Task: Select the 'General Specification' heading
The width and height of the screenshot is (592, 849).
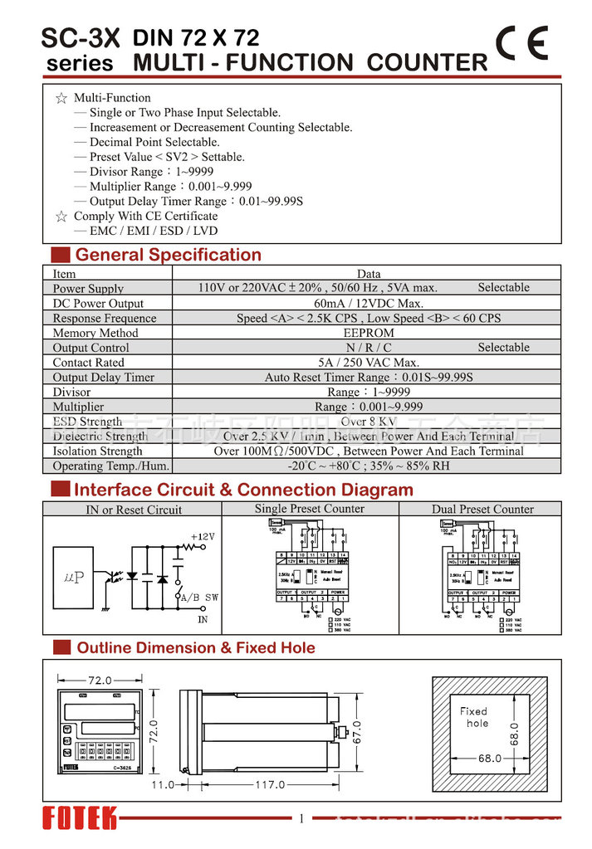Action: (168, 255)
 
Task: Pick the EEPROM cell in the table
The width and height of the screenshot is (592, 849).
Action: (368, 333)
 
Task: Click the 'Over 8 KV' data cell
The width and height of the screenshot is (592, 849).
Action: (368, 422)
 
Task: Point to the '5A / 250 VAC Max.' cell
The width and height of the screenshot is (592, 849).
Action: (368, 363)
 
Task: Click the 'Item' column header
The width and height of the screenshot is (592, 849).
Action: (64, 274)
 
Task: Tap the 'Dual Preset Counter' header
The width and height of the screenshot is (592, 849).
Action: (482, 509)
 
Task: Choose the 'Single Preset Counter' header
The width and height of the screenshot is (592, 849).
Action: (309, 509)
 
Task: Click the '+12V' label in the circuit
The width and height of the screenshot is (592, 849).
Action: (203, 537)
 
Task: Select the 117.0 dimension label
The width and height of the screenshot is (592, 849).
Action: (269, 784)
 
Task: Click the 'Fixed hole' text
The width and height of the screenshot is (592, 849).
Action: (474, 717)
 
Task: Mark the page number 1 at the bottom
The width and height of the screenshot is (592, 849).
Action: (301, 819)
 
